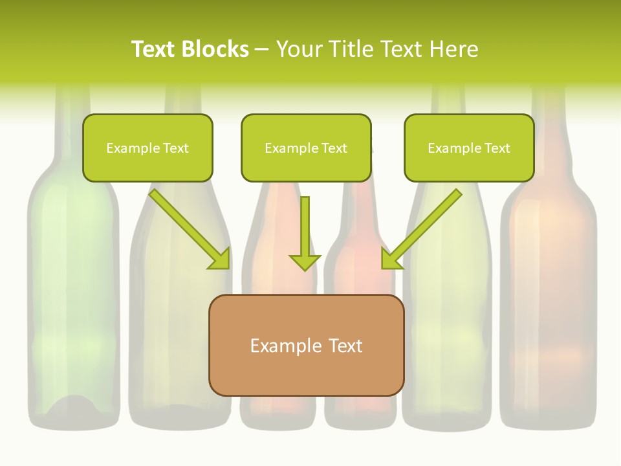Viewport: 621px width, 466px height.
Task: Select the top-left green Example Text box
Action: tap(147, 148)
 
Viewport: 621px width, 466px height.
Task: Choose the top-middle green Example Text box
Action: tap(306, 148)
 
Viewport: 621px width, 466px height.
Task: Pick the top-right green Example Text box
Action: tap(469, 148)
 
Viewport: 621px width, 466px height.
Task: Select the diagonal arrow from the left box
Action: tap(188, 228)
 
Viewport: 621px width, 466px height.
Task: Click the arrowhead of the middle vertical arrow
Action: tap(305, 261)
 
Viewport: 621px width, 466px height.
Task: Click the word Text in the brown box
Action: tap(346, 346)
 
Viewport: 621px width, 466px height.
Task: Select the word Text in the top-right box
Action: tap(497, 148)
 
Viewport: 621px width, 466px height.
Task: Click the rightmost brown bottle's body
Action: tap(549, 291)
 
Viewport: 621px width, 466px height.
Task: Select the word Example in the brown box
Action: tap(285, 346)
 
